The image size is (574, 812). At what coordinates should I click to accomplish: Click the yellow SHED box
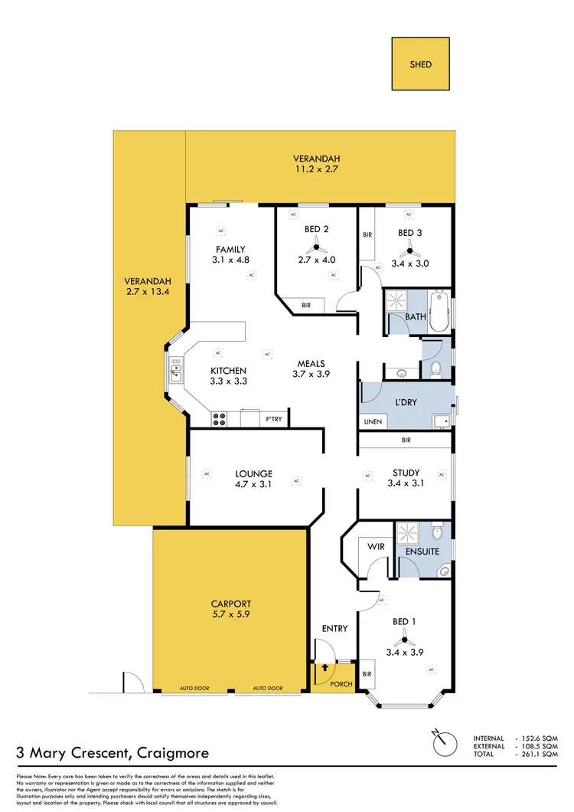pos(421,64)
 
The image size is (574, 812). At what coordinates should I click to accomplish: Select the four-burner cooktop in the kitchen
pos(220,419)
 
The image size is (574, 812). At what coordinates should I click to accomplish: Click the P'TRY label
pos(274,419)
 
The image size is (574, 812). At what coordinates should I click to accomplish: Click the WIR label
pos(376,547)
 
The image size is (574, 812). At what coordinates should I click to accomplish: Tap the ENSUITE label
pos(421,551)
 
